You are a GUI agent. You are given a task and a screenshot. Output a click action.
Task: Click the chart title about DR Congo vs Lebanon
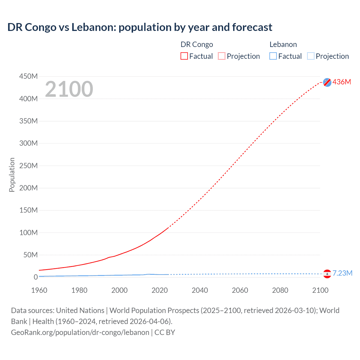pyautogui.click(x=140, y=27)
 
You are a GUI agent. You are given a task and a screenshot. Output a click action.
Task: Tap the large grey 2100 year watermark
pyautogui.click(x=69, y=89)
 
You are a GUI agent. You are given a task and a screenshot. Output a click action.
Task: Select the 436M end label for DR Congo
pyautogui.click(x=342, y=82)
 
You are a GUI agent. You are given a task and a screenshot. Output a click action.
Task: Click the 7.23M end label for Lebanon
pyautogui.click(x=342, y=273)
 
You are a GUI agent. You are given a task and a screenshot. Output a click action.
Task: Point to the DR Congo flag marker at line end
pyautogui.click(x=327, y=82)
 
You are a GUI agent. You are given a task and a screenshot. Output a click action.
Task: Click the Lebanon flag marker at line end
pyautogui.click(x=327, y=274)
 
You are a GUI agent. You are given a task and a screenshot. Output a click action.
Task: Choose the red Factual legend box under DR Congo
pyautogui.click(x=184, y=56)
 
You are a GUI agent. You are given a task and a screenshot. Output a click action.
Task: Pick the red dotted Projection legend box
pyautogui.click(x=222, y=56)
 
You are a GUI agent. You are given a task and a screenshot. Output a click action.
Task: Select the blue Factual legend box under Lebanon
pyautogui.click(x=273, y=56)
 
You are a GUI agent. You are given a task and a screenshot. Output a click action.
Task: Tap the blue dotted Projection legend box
pyautogui.click(x=311, y=56)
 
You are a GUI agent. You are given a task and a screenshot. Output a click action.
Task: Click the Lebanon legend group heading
pyautogui.click(x=283, y=44)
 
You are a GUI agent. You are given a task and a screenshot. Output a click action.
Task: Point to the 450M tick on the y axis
pyautogui.click(x=28, y=76)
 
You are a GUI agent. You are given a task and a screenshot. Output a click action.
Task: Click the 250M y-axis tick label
pyautogui.click(x=28, y=166)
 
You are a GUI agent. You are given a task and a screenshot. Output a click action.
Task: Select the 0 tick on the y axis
pyautogui.click(x=36, y=277)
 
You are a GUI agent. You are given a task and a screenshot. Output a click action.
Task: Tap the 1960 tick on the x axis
pyautogui.click(x=39, y=290)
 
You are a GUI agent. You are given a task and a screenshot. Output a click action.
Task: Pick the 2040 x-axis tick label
pyautogui.click(x=200, y=290)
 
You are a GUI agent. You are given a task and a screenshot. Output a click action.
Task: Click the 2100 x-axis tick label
pyautogui.click(x=320, y=290)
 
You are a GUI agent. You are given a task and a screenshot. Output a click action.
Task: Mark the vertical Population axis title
pyautogui.click(x=12, y=175)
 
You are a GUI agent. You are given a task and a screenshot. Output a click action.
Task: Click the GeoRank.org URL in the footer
pyautogui.click(x=80, y=332)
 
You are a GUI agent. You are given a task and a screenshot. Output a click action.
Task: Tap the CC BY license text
pyautogui.click(x=165, y=332)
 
